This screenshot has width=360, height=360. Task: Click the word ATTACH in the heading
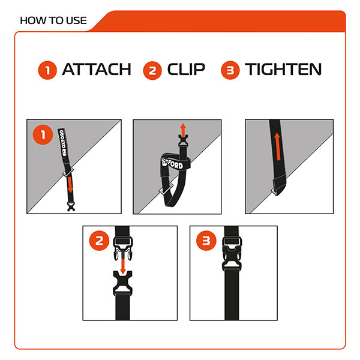(96, 70)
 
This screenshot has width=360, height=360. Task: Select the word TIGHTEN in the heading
(283, 70)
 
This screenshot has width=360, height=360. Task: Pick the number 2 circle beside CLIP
(152, 70)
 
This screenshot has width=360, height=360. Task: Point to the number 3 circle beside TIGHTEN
(230, 70)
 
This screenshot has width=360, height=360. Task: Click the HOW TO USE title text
(53, 20)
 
